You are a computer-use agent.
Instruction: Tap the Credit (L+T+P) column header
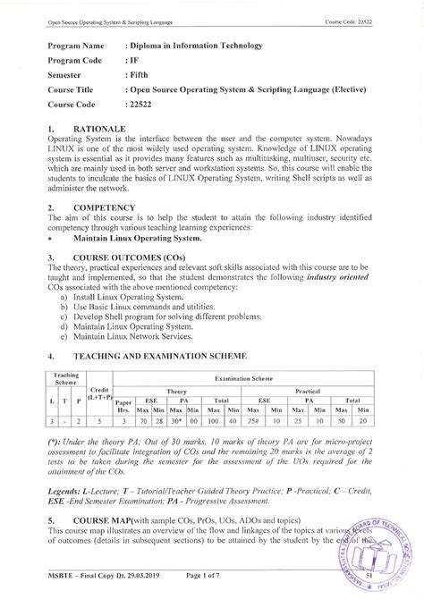coord(99,394)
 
